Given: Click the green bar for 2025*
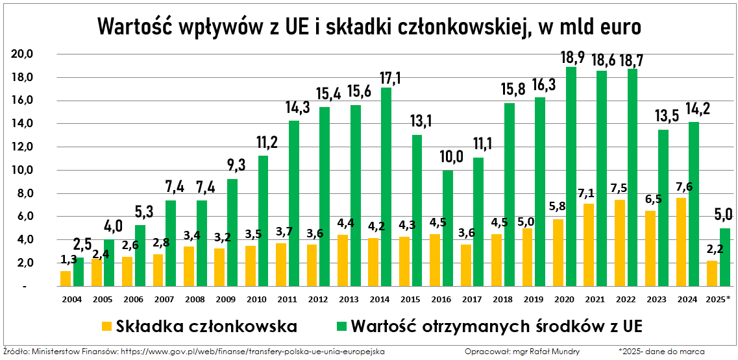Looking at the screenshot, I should pos(725,257).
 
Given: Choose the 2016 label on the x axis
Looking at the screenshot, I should pos(441,299).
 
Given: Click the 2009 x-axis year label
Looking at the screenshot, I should pos(226,299).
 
